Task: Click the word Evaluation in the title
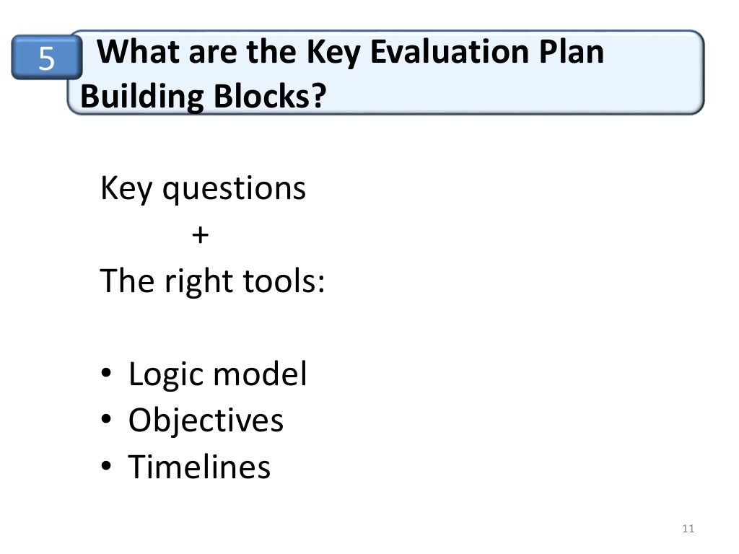[x=449, y=53]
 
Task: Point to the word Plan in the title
[x=572, y=53]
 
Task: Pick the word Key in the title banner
[x=332, y=53]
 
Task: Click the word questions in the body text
[x=234, y=189]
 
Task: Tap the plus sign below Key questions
[x=200, y=234]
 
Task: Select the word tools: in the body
[x=284, y=281]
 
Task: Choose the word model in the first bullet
[x=261, y=374]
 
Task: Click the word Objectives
[x=206, y=421]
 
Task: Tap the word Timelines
[x=199, y=467]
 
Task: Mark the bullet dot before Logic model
[x=106, y=375]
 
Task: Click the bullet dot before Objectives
[x=106, y=421]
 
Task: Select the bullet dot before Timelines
[x=106, y=467]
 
